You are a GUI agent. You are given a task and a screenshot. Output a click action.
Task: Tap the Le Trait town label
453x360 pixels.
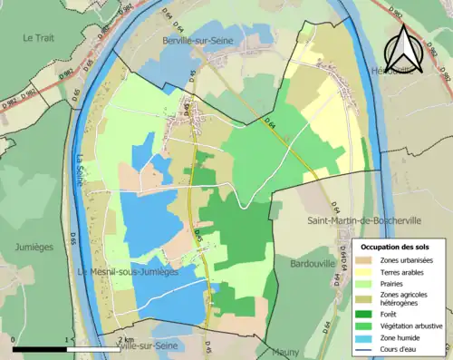pos(41,37)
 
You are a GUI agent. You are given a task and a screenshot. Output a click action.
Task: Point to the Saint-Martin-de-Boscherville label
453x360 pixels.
pos(352,218)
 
